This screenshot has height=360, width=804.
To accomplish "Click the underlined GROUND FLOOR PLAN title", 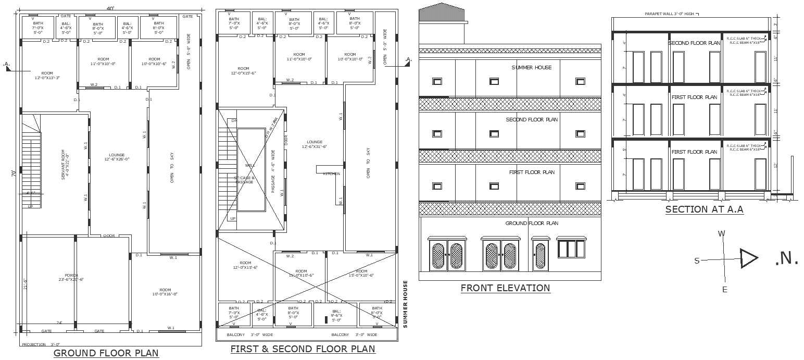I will click(x=106, y=353).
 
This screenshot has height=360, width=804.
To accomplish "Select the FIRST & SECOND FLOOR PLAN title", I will click(x=303, y=349).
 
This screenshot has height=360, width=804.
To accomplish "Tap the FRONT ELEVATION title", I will click(x=505, y=288).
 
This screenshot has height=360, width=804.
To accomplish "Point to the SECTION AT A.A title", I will click(x=704, y=209).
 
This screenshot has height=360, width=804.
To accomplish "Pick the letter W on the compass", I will click(x=722, y=234).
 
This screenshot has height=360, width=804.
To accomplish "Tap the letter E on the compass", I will click(x=724, y=290).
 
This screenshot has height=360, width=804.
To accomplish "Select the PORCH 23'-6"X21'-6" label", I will click(x=71, y=277).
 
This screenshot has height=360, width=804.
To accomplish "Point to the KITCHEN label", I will click(x=331, y=173).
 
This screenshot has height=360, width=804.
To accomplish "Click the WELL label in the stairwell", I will click(x=250, y=165).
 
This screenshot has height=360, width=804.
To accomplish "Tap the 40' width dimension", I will click(x=110, y=8).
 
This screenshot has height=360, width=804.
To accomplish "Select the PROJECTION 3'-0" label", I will click(x=41, y=344).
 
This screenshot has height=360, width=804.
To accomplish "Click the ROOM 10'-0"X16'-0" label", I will click(x=165, y=292).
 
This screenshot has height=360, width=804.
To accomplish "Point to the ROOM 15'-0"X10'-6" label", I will click(x=361, y=273).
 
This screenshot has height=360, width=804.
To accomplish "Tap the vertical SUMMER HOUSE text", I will click(x=406, y=304).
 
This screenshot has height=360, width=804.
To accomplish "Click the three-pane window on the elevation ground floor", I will click(x=571, y=249).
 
